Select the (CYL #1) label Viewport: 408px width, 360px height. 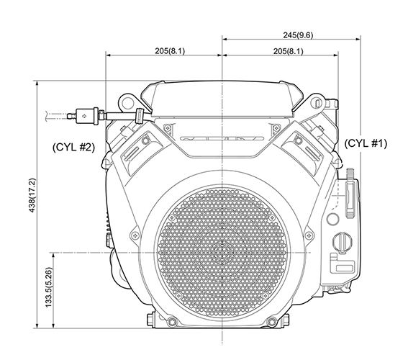366,143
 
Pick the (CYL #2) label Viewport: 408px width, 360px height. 73,147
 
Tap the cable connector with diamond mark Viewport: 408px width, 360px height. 86,114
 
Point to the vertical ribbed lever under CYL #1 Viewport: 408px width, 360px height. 350,192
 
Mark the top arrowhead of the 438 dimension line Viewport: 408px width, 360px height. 37,84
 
